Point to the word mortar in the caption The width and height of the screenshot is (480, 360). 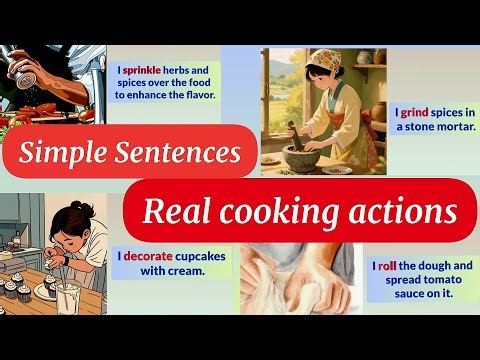451,128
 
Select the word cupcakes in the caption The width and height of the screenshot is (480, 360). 205,255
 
